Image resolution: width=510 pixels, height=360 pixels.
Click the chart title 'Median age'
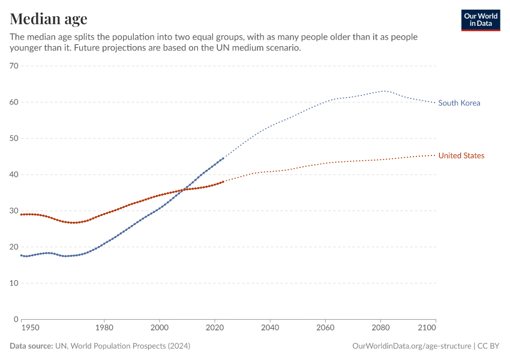[49, 19]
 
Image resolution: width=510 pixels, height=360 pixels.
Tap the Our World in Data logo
[480, 20]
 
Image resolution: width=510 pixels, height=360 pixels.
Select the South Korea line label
[459, 103]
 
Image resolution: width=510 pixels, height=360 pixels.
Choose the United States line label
[461, 156]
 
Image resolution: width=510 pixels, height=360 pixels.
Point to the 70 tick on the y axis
[14, 66]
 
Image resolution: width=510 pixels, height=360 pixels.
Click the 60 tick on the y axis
[14, 102]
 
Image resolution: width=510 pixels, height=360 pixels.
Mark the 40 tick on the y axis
[14, 175]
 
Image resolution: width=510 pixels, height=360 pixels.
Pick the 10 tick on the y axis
[14, 283]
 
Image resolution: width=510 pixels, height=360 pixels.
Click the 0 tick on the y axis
[16, 319]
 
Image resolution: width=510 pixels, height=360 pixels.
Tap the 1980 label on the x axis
[104, 328]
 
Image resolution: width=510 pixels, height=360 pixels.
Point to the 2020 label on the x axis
[215, 328]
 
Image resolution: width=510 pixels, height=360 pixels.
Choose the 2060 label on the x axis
[325, 328]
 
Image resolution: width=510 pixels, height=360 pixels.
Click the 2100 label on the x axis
[426, 328]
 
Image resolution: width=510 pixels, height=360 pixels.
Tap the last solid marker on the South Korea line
[223, 158]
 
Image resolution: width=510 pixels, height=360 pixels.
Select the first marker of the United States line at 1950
[21, 214]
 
